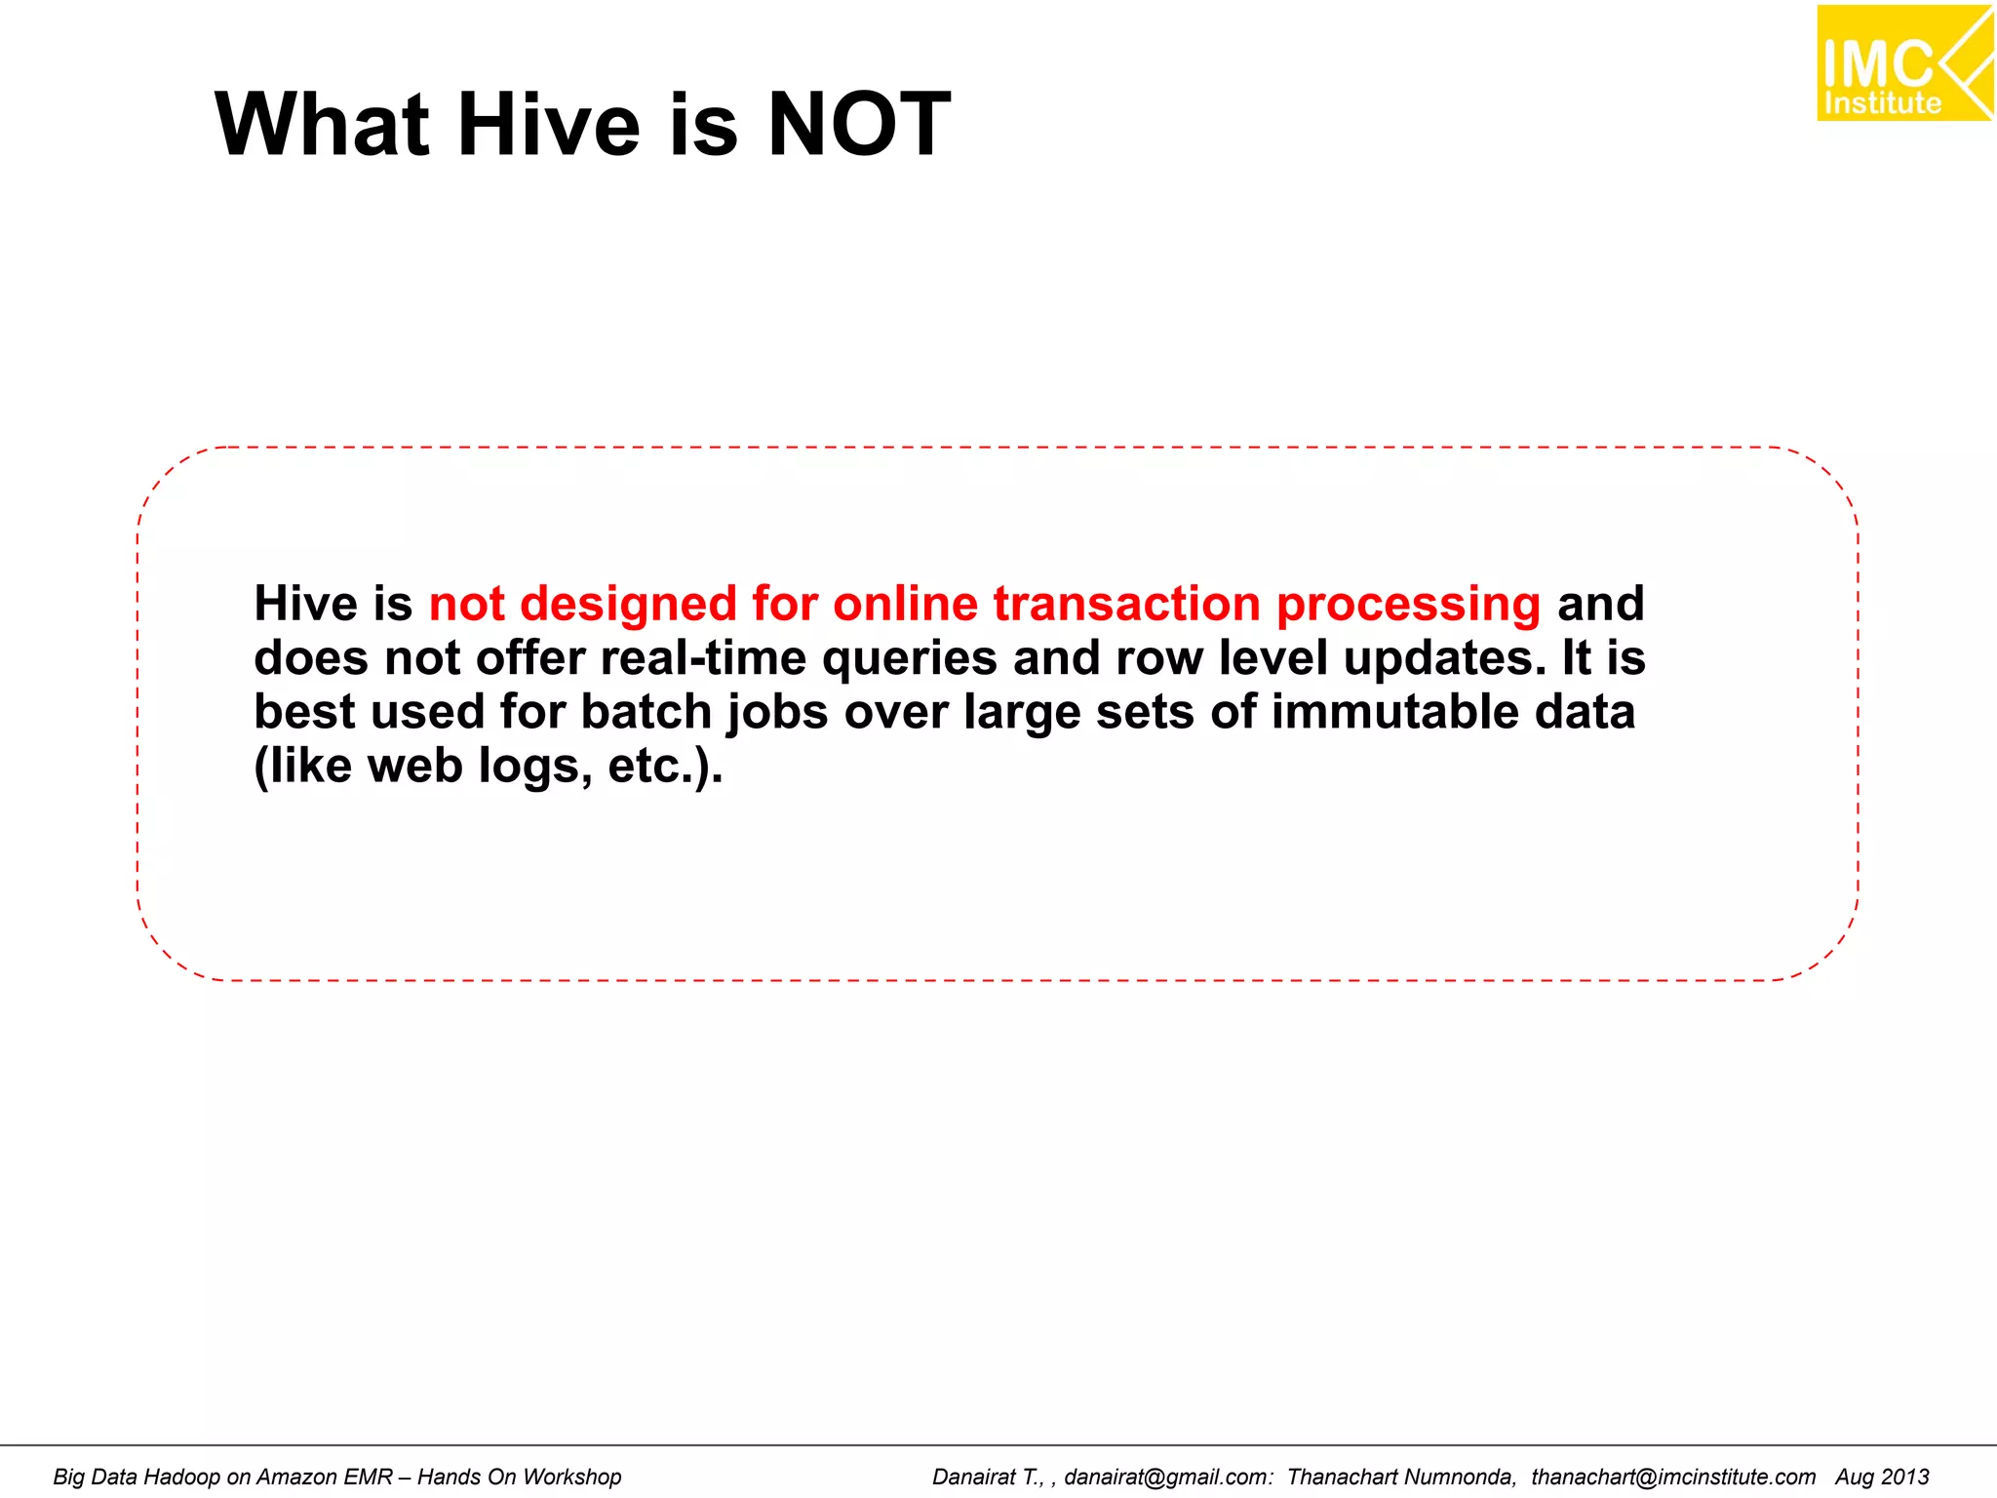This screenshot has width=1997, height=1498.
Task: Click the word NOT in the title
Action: click(858, 125)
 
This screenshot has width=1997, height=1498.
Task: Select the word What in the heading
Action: click(322, 125)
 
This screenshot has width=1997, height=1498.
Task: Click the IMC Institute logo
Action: click(1903, 63)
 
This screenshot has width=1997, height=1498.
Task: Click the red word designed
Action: click(628, 604)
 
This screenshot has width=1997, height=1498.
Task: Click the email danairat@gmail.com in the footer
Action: click(1168, 1477)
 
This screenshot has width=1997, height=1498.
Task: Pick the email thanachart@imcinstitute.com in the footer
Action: click(1673, 1477)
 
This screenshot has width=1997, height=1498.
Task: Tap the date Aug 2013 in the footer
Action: click(1882, 1477)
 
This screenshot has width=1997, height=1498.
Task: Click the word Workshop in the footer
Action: click(571, 1477)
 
